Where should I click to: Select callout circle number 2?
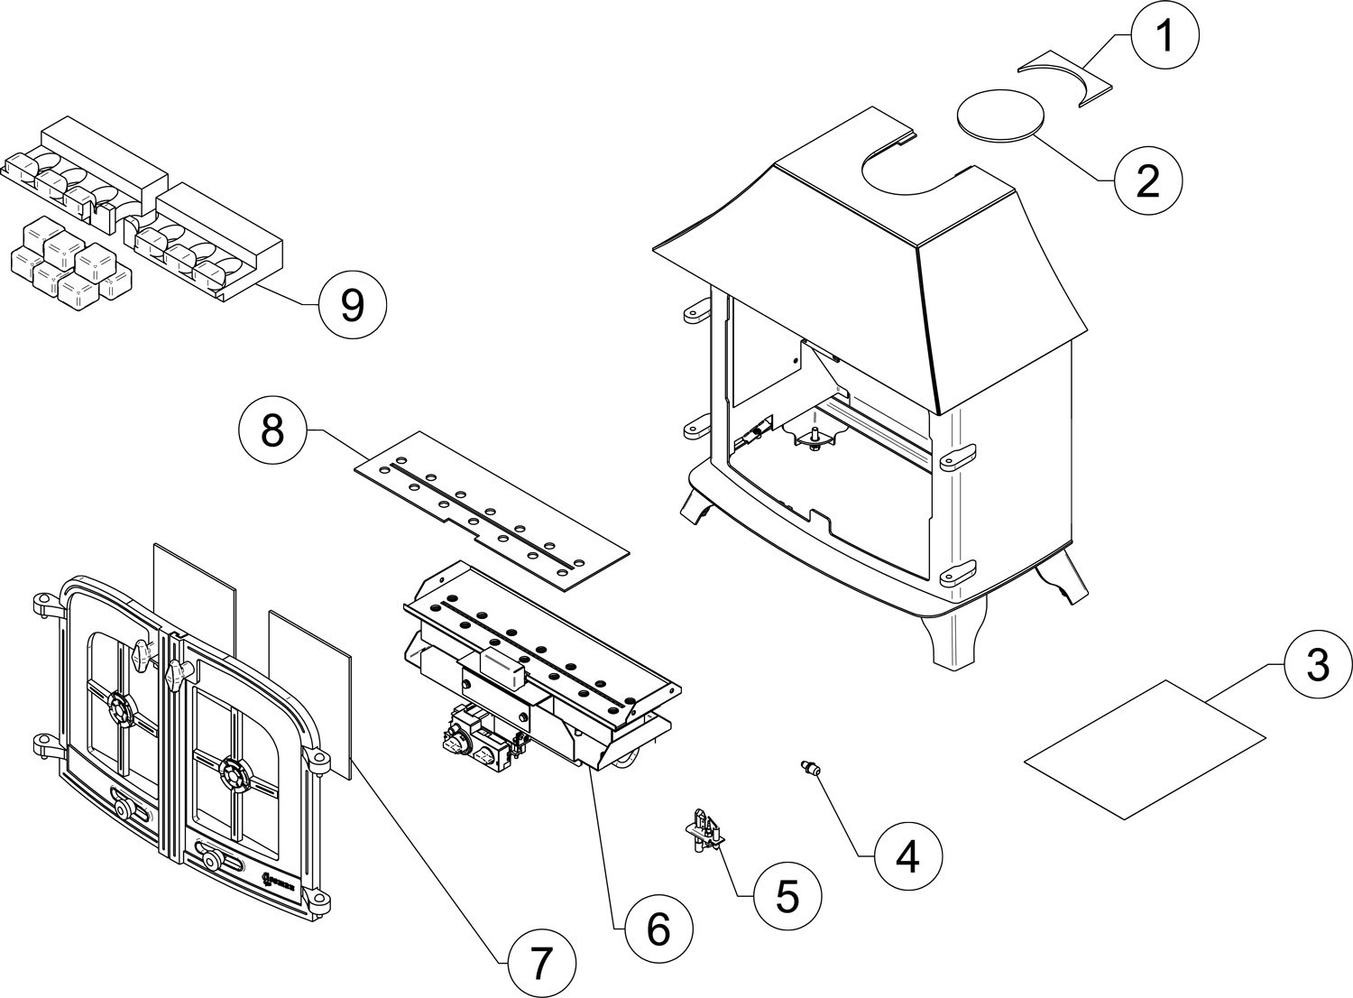tap(1146, 180)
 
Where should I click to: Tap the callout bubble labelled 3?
tap(1317, 666)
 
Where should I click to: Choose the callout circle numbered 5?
tap(787, 896)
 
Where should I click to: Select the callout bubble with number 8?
tap(272, 432)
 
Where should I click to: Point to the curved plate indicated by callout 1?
tap(1064, 81)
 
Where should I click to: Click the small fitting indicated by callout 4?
tap(808, 769)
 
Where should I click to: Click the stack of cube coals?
tap(68, 262)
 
